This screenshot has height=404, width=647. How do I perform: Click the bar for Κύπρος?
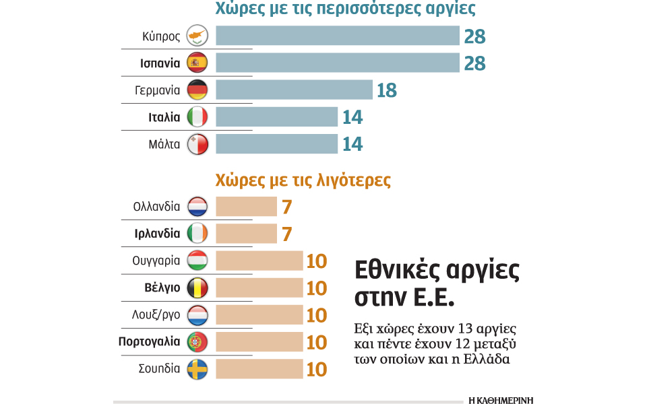pyautogui.click(x=337, y=36)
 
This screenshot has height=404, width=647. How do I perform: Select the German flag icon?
pyautogui.click(x=197, y=90)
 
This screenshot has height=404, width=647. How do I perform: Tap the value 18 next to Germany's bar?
pyautogui.click(x=386, y=90)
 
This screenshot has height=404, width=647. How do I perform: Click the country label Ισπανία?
pyautogui.click(x=160, y=63)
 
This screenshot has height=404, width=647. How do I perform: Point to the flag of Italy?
pyautogui.click(x=197, y=117)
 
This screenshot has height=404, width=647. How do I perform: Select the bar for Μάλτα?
pyautogui.click(x=276, y=144)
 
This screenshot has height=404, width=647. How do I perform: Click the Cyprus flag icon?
pyautogui.click(x=197, y=36)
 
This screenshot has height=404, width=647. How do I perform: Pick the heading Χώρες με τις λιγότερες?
pyautogui.click(x=303, y=180)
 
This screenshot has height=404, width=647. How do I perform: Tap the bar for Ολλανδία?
pyautogui.click(x=246, y=207)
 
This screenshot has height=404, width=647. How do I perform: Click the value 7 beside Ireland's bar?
pyautogui.click(x=286, y=234)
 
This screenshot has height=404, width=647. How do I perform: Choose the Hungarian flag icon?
pyautogui.click(x=197, y=261)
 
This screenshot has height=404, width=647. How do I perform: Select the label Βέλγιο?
pyautogui.click(x=162, y=288)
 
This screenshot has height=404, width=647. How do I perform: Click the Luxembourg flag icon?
pyautogui.click(x=197, y=314)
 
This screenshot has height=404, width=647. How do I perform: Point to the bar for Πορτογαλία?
pyautogui.click(x=259, y=342)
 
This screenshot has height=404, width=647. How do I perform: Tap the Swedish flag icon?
pyautogui.click(x=197, y=369)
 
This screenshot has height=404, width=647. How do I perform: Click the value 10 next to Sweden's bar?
pyautogui.click(x=316, y=370)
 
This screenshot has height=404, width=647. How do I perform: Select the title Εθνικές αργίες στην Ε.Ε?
pyautogui.click(x=437, y=283)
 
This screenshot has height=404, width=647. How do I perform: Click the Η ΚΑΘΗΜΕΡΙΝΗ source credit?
pyautogui.click(x=501, y=399)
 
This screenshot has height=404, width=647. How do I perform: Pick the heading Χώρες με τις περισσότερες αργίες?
pyautogui.click(x=345, y=9)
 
